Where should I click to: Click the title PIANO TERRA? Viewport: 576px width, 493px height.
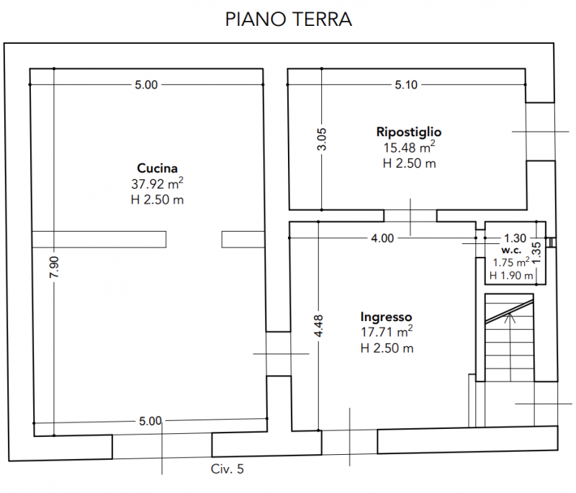tap(288, 19)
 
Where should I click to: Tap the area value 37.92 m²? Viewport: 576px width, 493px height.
tap(158, 184)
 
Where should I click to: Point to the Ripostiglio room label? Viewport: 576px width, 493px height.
tap(408, 132)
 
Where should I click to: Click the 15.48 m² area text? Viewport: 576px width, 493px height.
tap(408, 148)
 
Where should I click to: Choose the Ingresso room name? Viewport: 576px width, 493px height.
tap(386, 317)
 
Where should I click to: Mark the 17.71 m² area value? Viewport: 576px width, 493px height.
tap(386, 333)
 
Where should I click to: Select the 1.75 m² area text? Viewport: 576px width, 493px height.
tap(511, 263)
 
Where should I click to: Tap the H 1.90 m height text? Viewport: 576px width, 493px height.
tap(511, 276)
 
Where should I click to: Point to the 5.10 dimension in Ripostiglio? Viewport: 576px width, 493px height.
tap(406, 85)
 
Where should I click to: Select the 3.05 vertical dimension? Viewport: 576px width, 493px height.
tap(322, 138)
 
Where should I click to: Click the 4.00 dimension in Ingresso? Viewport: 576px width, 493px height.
tap(382, 238)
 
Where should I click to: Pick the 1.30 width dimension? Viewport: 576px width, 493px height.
tap(515, 238)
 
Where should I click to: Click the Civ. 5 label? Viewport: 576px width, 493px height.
tap(228, 469)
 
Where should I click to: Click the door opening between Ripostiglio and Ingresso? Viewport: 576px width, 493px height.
tap(409, 215)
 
